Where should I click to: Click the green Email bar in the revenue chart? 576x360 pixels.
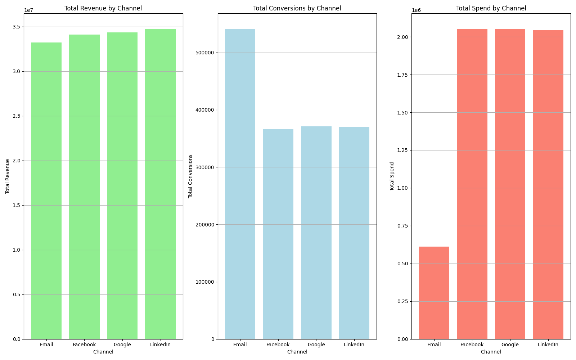coord(46,191)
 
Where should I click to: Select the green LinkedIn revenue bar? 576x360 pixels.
coord(160,184)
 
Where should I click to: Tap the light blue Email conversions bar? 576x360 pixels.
coord(240,184)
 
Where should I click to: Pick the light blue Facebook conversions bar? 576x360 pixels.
coord(278,234)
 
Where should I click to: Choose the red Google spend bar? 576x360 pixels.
coord(510,184)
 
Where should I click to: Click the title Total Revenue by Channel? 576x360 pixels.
coord(103,8)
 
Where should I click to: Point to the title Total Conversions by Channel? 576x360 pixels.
coord(297,8)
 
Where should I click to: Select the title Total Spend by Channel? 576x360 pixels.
coord(491,8)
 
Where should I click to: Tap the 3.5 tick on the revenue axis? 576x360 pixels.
coord(17,27)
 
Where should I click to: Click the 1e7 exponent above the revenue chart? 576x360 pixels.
coord(28,10)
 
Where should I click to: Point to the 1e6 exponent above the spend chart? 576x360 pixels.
coord(416,10)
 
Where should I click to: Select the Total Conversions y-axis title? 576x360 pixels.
coord(190,176)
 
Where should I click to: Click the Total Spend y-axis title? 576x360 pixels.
coord(392,176)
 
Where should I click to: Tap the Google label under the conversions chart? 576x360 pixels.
coord(316,345)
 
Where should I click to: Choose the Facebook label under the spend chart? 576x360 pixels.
coord(472,345)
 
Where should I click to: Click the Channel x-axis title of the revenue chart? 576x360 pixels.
coord(103,352)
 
